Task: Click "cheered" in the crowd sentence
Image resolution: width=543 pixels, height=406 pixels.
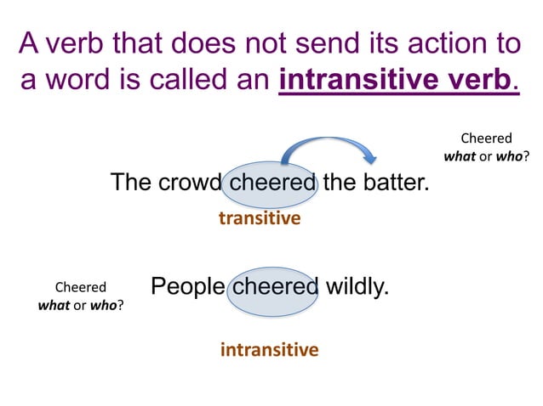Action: (273, 183)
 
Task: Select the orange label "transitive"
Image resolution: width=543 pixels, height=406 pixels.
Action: (260, 218)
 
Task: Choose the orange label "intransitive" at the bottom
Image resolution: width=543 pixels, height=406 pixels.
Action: (269, 349)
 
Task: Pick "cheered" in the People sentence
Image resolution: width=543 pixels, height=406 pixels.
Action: (275, 286)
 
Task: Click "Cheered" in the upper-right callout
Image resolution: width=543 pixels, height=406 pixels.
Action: (486, 138)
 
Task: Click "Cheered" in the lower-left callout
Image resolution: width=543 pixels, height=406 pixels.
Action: (81, 287)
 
